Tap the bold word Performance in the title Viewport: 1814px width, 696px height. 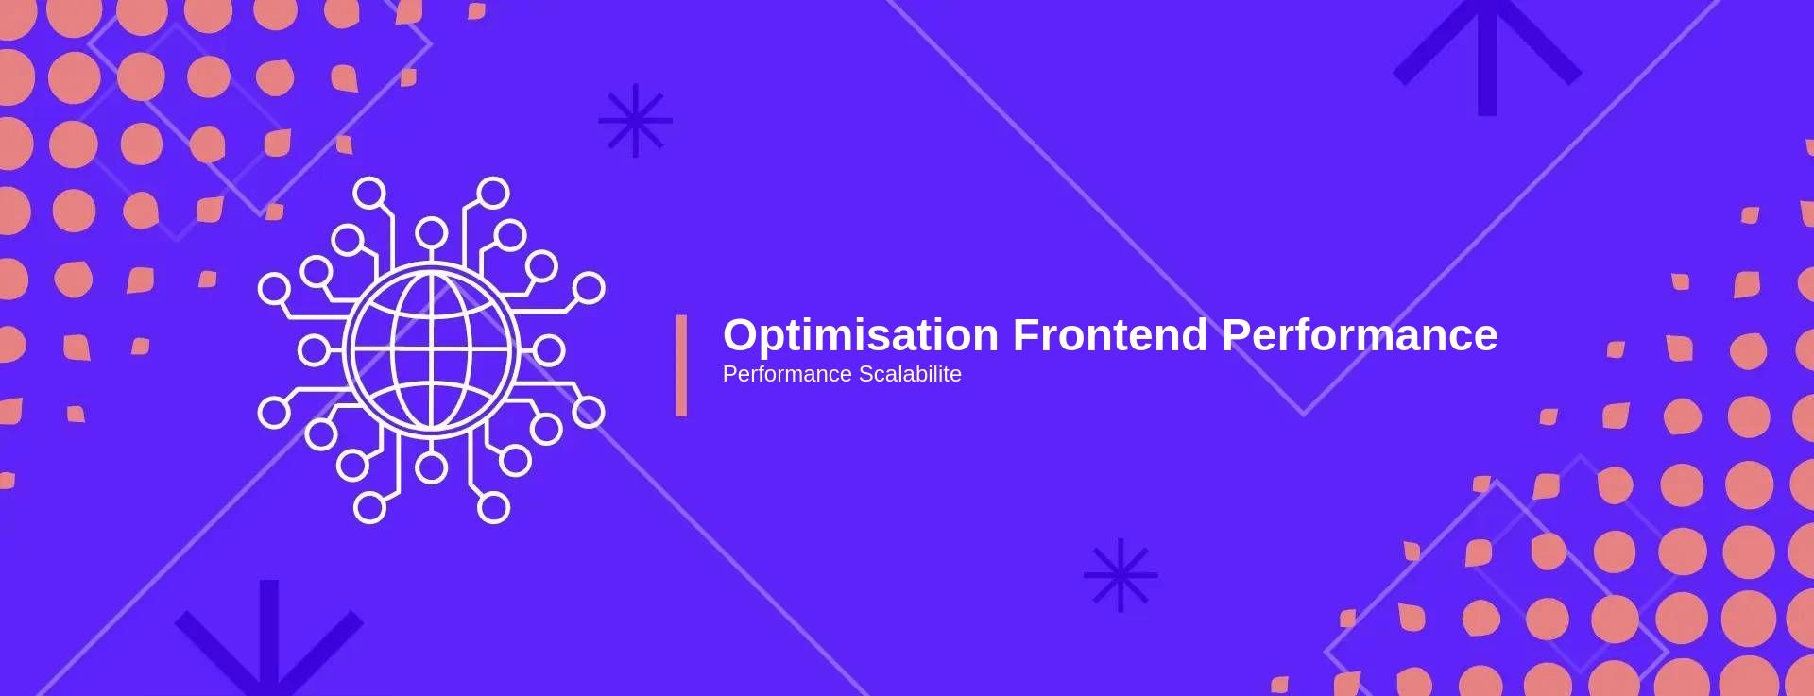(x=1360, y=335)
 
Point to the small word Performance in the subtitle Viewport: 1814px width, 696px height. (x=787, y=374)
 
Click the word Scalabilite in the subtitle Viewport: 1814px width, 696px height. (x=910, y=374)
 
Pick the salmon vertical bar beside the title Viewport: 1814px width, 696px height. (x=681, y=365)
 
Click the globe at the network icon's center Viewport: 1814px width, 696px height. (x=432, y=350)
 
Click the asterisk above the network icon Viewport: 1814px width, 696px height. (x=635, y=120)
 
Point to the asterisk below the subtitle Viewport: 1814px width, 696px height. (x=1121, y=575)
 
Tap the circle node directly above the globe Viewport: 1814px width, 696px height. (x=432, y=232)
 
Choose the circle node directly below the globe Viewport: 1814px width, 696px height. (x=432, y=467)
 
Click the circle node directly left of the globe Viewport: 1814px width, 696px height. (x=314, y=350)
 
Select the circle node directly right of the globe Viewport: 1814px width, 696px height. (x=549, y=350)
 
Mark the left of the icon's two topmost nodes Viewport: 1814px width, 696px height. (x=369, y=194)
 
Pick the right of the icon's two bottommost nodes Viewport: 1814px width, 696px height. (x=494, y=507)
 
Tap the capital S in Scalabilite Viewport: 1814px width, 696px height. (x=866, y=374)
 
